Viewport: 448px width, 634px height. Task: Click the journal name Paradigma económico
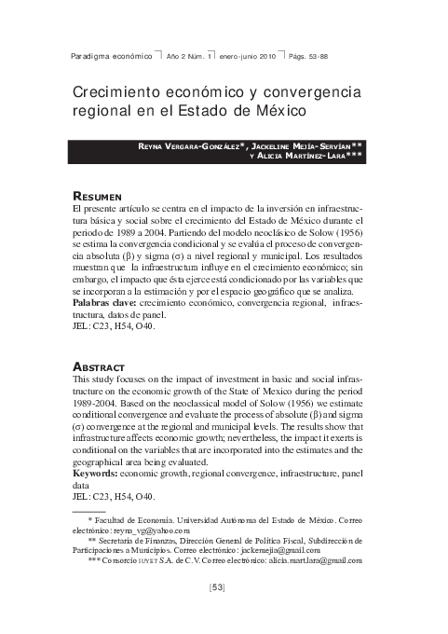click(x=112, y=56)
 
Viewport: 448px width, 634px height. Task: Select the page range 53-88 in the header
click(x=307, y=56)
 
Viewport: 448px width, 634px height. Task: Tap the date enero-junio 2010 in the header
click(x=247, y=56)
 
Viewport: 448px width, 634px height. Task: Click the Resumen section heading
click(x=98, y=198)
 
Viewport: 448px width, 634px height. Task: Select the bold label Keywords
click(x=98, y=475)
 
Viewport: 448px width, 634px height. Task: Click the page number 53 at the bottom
click(x=218, y=587)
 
